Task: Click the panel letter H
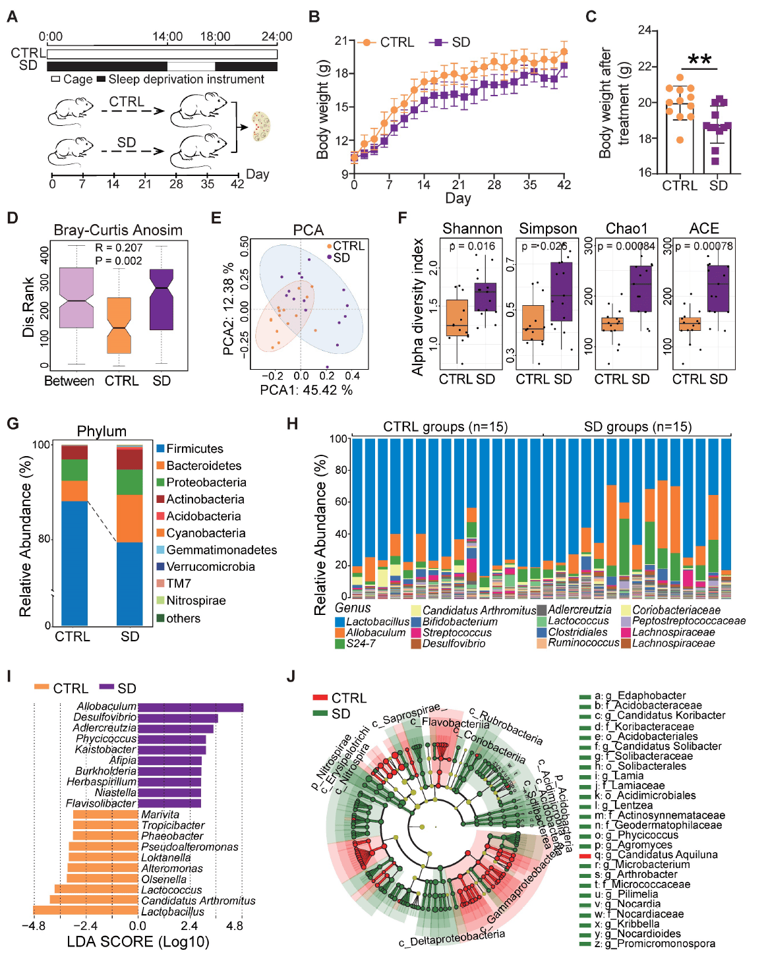click(x=292, y=423)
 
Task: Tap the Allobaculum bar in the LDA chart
click(x=191, y=707)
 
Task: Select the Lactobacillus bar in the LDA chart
click(x=86, y=911)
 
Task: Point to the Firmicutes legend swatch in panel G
click(x=160, y=449)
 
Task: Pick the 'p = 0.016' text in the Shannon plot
click(x=472, y=246)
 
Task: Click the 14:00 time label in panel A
click(x=167, y=36)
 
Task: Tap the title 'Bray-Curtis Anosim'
click(x=118, y=230)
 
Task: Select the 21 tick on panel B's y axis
click(x=341, y=41)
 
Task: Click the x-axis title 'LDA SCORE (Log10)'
click(x=138, y=941)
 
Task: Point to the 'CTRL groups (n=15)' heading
click(x=446, y=426)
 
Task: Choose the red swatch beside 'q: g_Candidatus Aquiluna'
click(x=585, y=855)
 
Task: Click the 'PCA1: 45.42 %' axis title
click(x=306, y=390)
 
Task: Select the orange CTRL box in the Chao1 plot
click(x=612, y=324)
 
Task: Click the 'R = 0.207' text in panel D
click(x=119, y=248)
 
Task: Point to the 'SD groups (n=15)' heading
click(x=637, y=426)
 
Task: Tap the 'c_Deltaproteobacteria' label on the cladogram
click(x=452, y=938)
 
